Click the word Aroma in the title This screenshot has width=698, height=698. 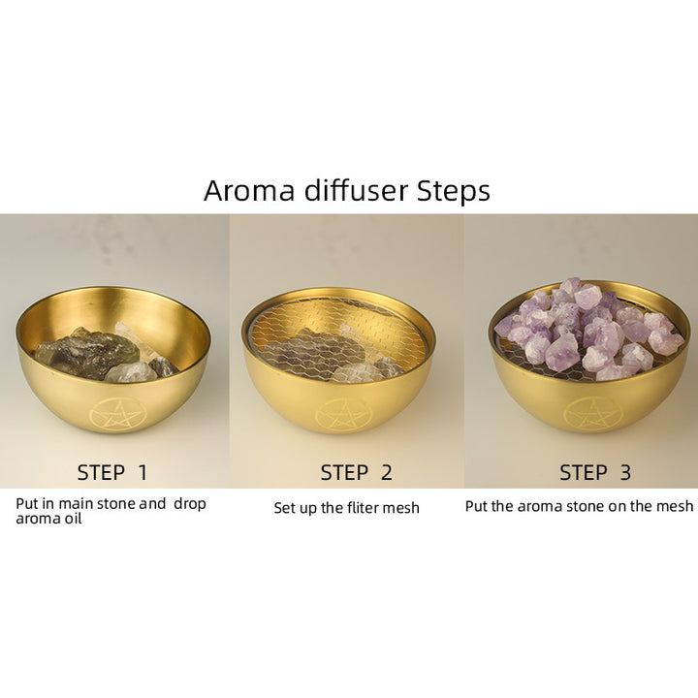tap(249, 191)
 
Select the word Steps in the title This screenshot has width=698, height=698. tap(453, 192)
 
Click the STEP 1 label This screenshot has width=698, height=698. tap(111, 473)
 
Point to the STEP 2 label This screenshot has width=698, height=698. tap(356, 473)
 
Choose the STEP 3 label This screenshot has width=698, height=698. tap(595, 473)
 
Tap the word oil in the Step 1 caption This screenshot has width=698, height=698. tap(74, 519)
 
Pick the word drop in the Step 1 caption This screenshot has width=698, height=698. tap(190, 504)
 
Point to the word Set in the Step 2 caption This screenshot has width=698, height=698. tap(284, 508)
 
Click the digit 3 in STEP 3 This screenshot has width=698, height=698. tap(625, 473)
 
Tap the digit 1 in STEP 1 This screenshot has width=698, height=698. tap(143, 473)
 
